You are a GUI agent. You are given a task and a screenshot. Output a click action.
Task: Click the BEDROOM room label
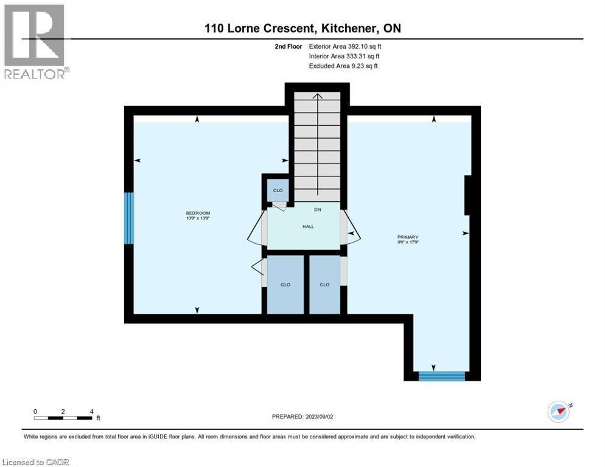[198, 212]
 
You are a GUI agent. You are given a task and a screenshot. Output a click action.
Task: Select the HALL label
[308, 226]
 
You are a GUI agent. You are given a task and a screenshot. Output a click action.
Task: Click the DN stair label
[318, 210]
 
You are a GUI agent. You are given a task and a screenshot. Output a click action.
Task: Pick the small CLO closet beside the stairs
[278, 190]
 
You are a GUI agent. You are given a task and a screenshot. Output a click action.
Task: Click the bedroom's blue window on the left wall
[128, 218]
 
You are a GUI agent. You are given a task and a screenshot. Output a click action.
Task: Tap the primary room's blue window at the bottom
[442, 376]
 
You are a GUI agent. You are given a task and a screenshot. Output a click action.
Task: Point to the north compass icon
[559, 411]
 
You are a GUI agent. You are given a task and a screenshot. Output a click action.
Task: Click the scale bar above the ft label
[63, 418]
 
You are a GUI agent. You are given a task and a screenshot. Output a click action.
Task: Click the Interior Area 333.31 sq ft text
[344, 56]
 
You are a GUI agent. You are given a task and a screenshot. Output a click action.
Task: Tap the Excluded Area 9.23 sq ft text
[343, 66]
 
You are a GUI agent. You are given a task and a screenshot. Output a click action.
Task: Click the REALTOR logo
[35, 41]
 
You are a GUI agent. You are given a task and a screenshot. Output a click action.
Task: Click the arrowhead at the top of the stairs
[316, 95]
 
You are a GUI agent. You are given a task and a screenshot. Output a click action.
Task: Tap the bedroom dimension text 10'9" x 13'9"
[198, 218]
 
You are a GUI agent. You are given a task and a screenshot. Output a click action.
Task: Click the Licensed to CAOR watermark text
[35, 462]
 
